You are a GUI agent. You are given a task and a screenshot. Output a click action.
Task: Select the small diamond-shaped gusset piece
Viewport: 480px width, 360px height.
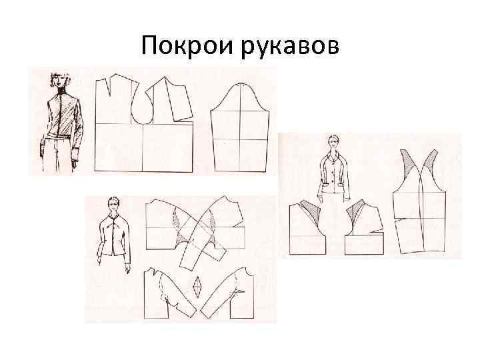tap(197, 287)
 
